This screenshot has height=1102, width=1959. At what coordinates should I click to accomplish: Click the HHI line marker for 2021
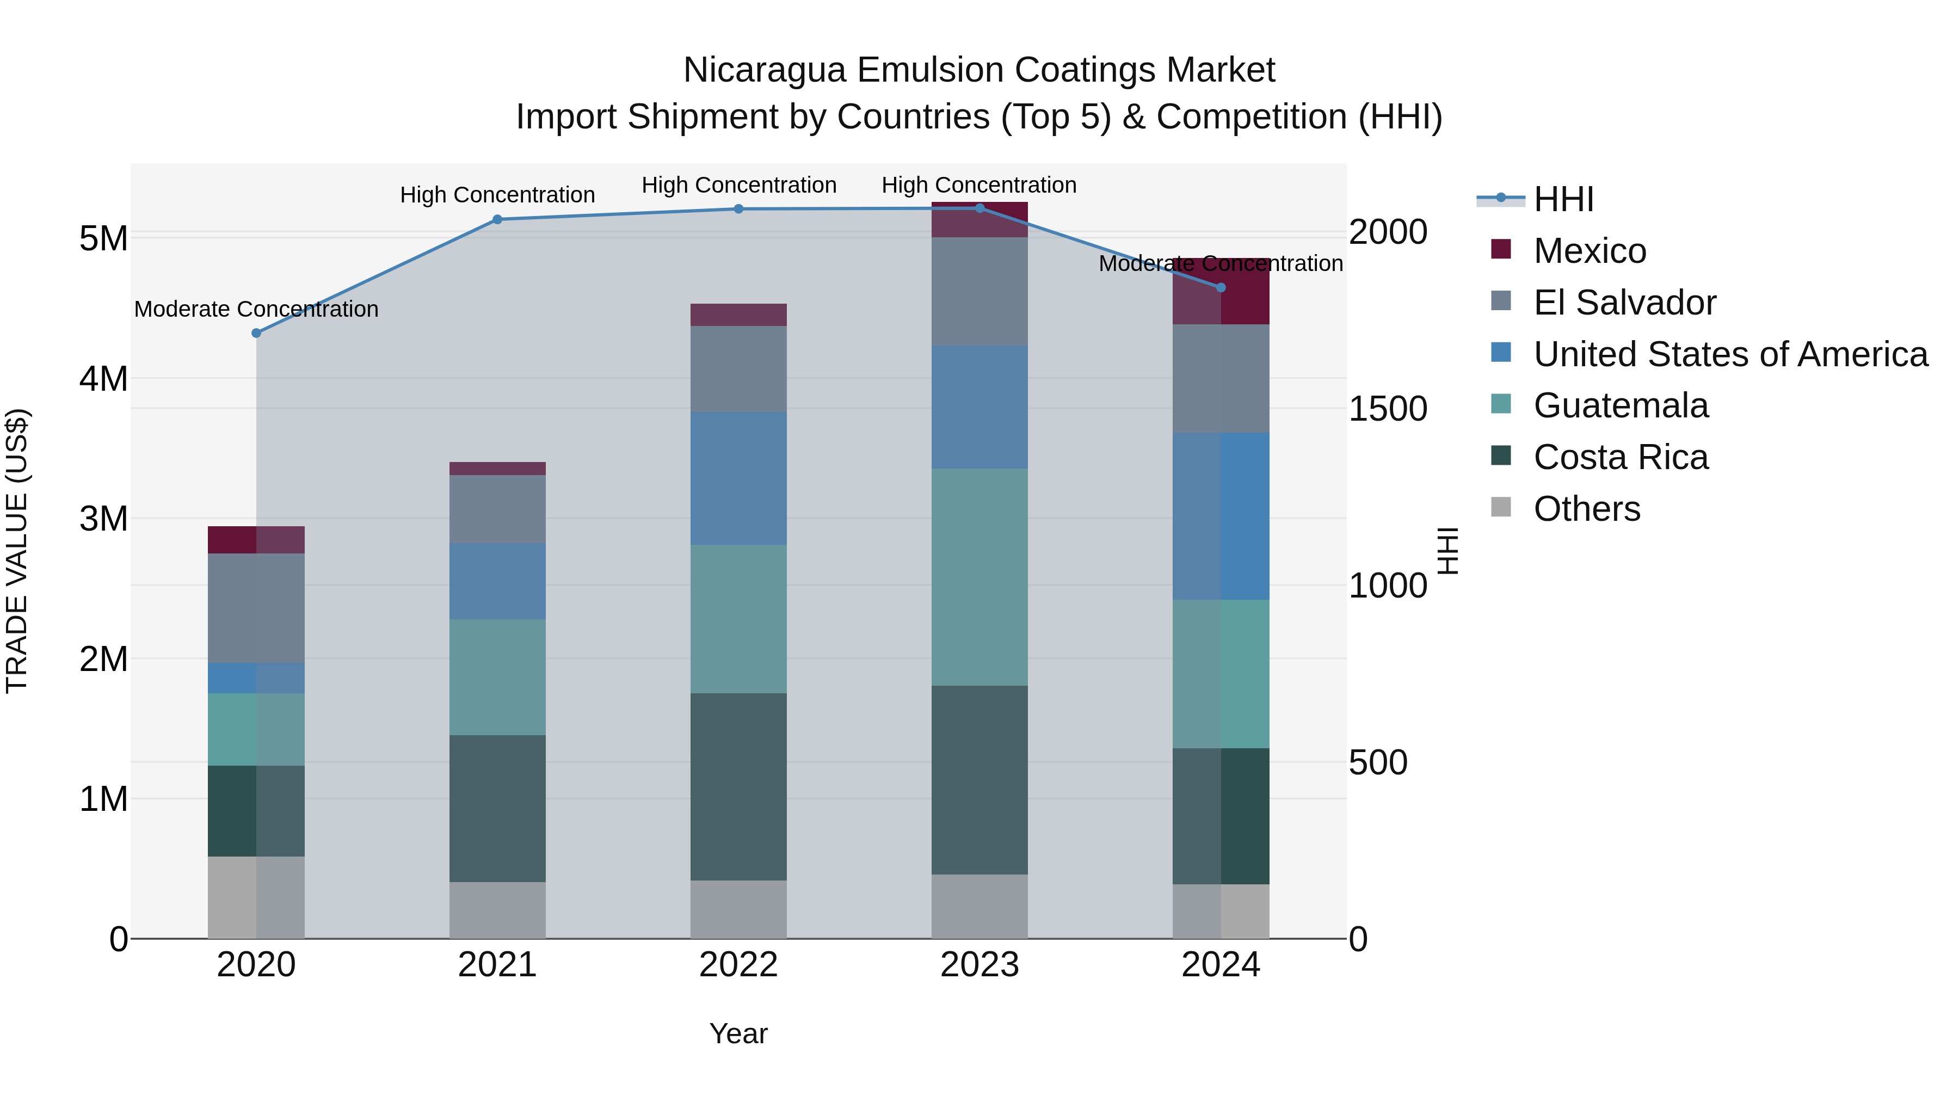(497, 220)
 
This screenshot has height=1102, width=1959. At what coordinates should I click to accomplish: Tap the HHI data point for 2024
(1221, 287)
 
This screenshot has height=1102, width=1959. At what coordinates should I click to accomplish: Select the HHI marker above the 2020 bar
(256, 333)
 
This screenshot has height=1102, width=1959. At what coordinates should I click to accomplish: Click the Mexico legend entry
(1590, 251)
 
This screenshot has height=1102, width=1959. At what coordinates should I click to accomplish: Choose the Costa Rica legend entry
(1621, 457)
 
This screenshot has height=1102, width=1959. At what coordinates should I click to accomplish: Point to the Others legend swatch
(1501, 507)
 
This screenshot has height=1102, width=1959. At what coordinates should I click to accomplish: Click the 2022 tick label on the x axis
(738, 965)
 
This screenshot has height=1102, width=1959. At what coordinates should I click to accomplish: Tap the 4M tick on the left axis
(103, 379)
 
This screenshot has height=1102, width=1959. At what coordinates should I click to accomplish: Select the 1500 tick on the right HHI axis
(1388, 409)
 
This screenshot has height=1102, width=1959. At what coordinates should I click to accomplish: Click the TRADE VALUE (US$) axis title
(17, 551)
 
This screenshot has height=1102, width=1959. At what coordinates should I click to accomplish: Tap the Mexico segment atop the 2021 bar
(497, 469)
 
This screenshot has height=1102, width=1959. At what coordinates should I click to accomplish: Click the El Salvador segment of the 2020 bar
(256, 608)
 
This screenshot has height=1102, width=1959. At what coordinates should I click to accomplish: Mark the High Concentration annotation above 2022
(738, 186)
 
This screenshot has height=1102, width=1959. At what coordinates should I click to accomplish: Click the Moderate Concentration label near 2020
(256, 310)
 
